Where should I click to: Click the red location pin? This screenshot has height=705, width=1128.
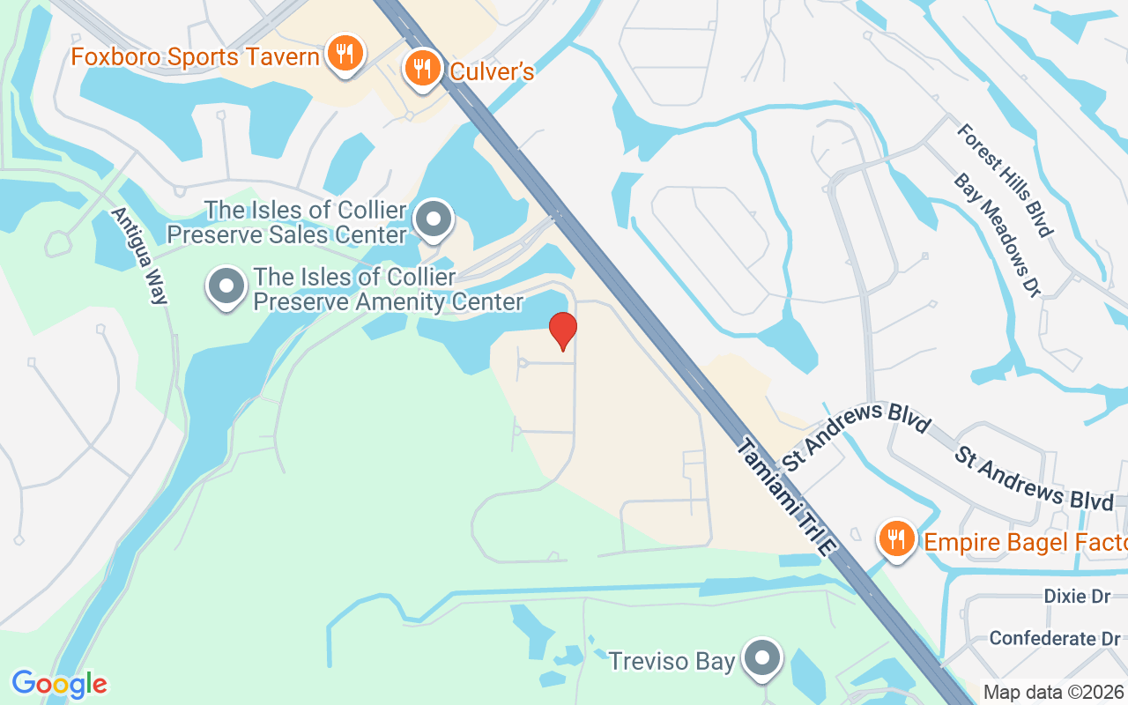pos(562,331)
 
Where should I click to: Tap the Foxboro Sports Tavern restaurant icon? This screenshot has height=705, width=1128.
pos(344,54)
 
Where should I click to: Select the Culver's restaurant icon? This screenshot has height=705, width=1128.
pos(423,68)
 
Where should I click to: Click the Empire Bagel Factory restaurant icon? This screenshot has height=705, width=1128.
pos(896,538)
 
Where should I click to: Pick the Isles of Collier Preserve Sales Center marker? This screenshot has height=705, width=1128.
pos(434,220)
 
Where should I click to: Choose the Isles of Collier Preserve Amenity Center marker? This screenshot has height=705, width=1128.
pos(226,287)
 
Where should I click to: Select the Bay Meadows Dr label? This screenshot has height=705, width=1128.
pos(997,234)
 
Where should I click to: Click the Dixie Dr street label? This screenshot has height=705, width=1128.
pos(1077,597)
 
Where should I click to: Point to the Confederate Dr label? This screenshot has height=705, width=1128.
pos(1054,637)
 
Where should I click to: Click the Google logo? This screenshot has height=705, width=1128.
pos(59,684)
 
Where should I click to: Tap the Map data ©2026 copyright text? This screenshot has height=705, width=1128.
pos(1053,693)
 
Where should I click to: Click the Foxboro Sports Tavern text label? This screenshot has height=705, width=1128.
pos(195,57)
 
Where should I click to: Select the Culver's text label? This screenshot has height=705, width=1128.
pos(492,71)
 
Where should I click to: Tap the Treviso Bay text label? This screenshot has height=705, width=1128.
pos(672,660)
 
